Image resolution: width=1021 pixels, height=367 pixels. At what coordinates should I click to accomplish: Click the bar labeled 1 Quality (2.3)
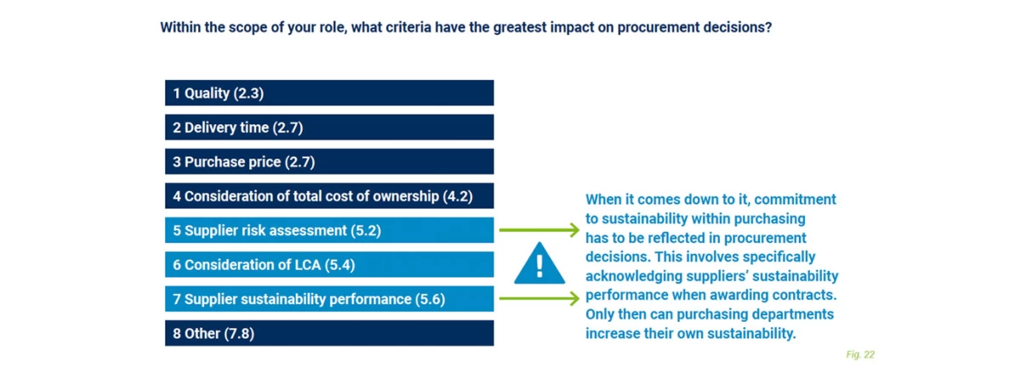[x=328, y=93]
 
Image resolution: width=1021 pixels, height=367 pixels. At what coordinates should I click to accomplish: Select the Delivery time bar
[x=328, y=128]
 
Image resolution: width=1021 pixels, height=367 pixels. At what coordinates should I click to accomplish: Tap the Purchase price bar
[x=328, y=162]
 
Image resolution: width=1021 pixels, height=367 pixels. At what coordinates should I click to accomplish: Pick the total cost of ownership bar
[x=328, y=196]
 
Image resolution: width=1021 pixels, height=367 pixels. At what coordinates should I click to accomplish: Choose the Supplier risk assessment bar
[x=328, y=230]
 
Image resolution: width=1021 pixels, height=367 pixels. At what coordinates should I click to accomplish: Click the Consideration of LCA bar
[x=328, y=265]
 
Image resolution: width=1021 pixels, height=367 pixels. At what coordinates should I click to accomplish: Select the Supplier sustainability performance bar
[x=328, y=299]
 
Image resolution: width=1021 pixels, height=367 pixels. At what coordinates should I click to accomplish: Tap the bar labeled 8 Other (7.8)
[x=328, y=333]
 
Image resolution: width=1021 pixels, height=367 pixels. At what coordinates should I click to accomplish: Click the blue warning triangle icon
[x=539, y=263]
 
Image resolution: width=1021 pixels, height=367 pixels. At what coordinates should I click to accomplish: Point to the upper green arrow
[x=538, y=230]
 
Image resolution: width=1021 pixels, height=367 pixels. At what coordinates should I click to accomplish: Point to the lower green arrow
[x=538, y=299]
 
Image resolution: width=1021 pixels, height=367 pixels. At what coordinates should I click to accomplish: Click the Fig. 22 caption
[x=860, y=354]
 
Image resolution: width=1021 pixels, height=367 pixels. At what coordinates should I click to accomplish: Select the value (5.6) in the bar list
[x=430, y=299]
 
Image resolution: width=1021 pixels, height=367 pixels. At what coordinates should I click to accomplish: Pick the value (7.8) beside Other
[x=239, y=333]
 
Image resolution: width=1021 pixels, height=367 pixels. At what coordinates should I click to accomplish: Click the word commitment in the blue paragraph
[x=797, y=200]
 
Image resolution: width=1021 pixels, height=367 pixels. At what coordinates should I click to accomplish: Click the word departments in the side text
[x=796, y=314]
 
